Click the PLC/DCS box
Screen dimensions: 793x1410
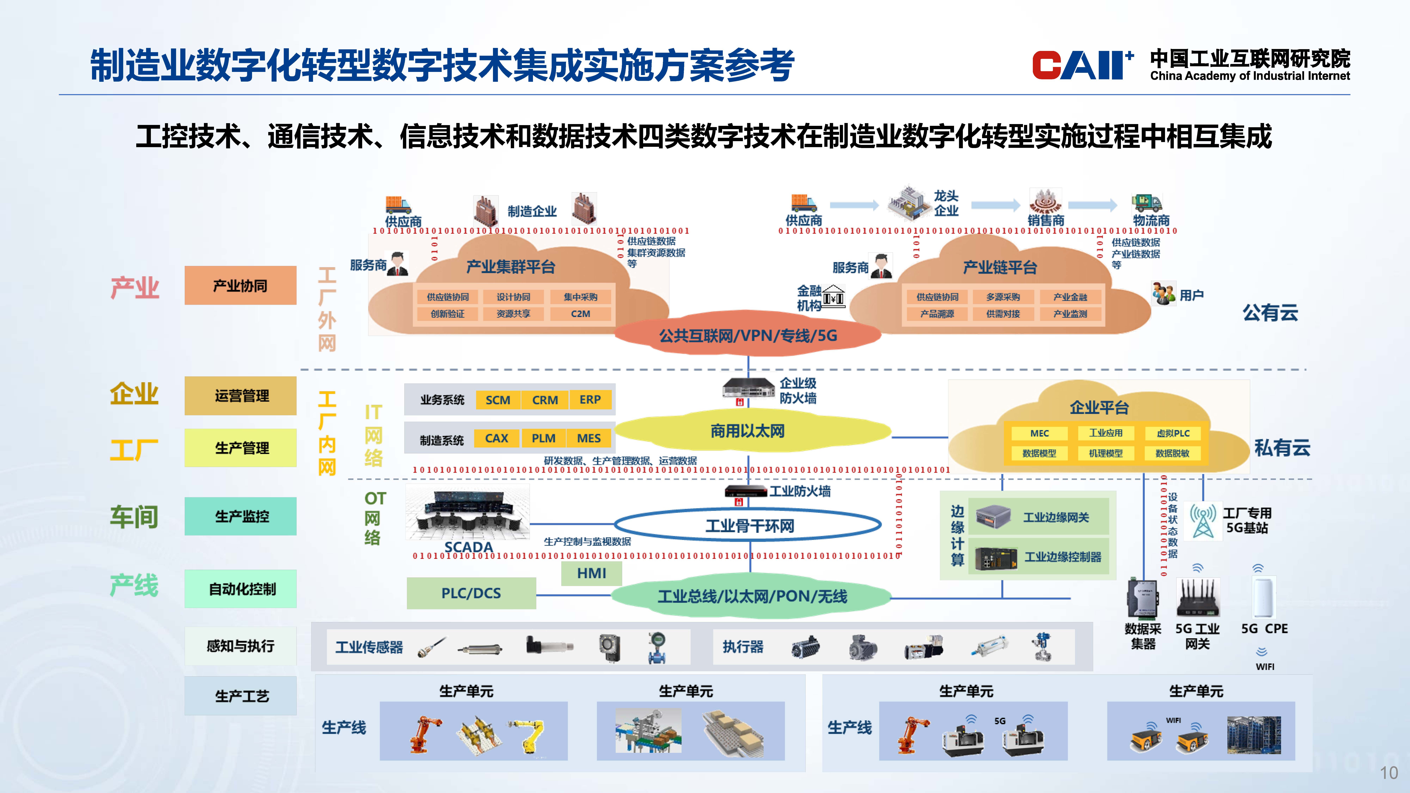tap(471, 593)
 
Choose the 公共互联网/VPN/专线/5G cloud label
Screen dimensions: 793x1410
tap(748, 336)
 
